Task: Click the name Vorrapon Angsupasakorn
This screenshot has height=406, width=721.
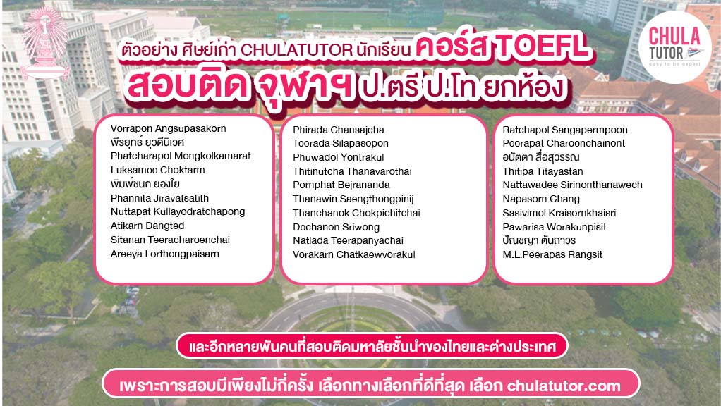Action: (x=169, y=129)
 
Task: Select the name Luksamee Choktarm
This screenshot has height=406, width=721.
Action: (x=158, y=170)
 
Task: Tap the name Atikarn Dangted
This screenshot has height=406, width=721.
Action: (x=147, y=226)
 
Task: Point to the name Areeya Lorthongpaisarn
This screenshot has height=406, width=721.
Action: (x=165, y=254)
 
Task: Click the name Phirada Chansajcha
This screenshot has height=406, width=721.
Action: (x=339, y=130)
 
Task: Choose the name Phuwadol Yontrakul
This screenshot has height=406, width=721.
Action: (x=339, y=157)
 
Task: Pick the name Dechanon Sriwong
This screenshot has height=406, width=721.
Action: (x=337, y=227)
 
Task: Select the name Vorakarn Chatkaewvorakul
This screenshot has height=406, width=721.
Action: (x=354, y=254)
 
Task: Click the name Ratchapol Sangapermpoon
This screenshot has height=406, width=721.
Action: (x=565, y=130)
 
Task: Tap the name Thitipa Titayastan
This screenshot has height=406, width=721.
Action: (x=543, y=171)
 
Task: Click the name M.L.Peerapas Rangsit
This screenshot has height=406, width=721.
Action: (x=552, y=254)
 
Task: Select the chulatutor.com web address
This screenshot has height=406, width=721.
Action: (x=564, y=386)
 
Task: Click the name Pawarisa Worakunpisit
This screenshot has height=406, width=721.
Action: (x=555, y=227)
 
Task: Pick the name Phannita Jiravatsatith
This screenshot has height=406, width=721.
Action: (x=159, y=198)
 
